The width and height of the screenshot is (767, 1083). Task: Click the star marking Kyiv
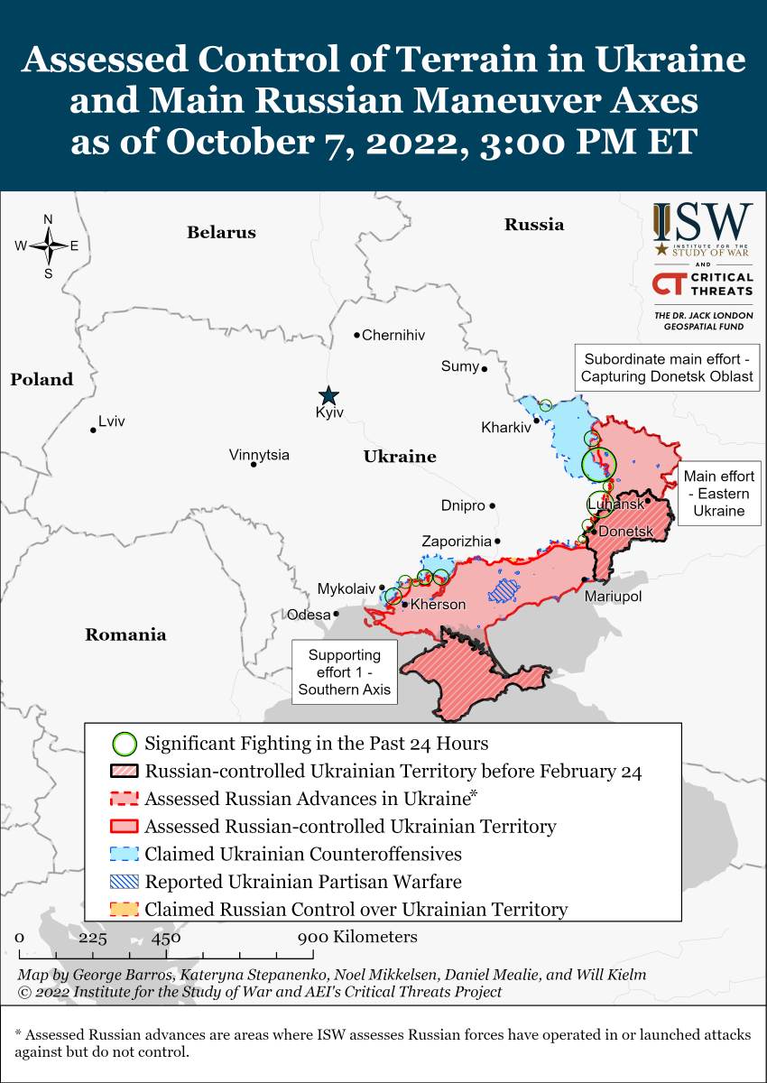click(x=328, y=395)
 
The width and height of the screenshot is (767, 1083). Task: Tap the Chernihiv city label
click(x=393, y=336)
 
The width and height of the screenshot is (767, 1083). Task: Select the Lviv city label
click(x=112, y=421)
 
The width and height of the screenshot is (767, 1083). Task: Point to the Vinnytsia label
click(x=259, y=455)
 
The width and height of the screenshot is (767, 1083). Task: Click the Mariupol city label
click(x=613, y=597)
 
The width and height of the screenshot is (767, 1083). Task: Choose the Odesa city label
click(x=309, y=615)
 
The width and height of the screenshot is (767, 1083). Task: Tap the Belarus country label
click(x=221, y=233)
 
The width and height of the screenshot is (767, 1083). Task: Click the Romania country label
click(x=125, y=634)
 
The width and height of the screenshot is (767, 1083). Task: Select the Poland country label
click(x=42, y=380)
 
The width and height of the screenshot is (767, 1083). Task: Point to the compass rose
click(x=48, y=245)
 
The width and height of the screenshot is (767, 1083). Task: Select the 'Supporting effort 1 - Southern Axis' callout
click(x=345, y=672)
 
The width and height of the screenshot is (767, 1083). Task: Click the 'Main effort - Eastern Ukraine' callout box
click(x=718, y=494)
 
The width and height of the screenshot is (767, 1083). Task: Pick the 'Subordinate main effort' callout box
click(x=667, y=367)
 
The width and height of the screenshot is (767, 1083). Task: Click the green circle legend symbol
click(x=125, y=744)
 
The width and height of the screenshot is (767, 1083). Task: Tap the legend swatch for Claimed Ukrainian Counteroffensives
click(x=125, y=854)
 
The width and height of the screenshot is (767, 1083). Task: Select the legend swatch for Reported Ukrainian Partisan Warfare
click(x=125, y=882)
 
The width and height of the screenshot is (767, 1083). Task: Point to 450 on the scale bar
click(x=166, y=938)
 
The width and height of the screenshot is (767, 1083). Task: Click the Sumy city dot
click(x=485, y=369)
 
